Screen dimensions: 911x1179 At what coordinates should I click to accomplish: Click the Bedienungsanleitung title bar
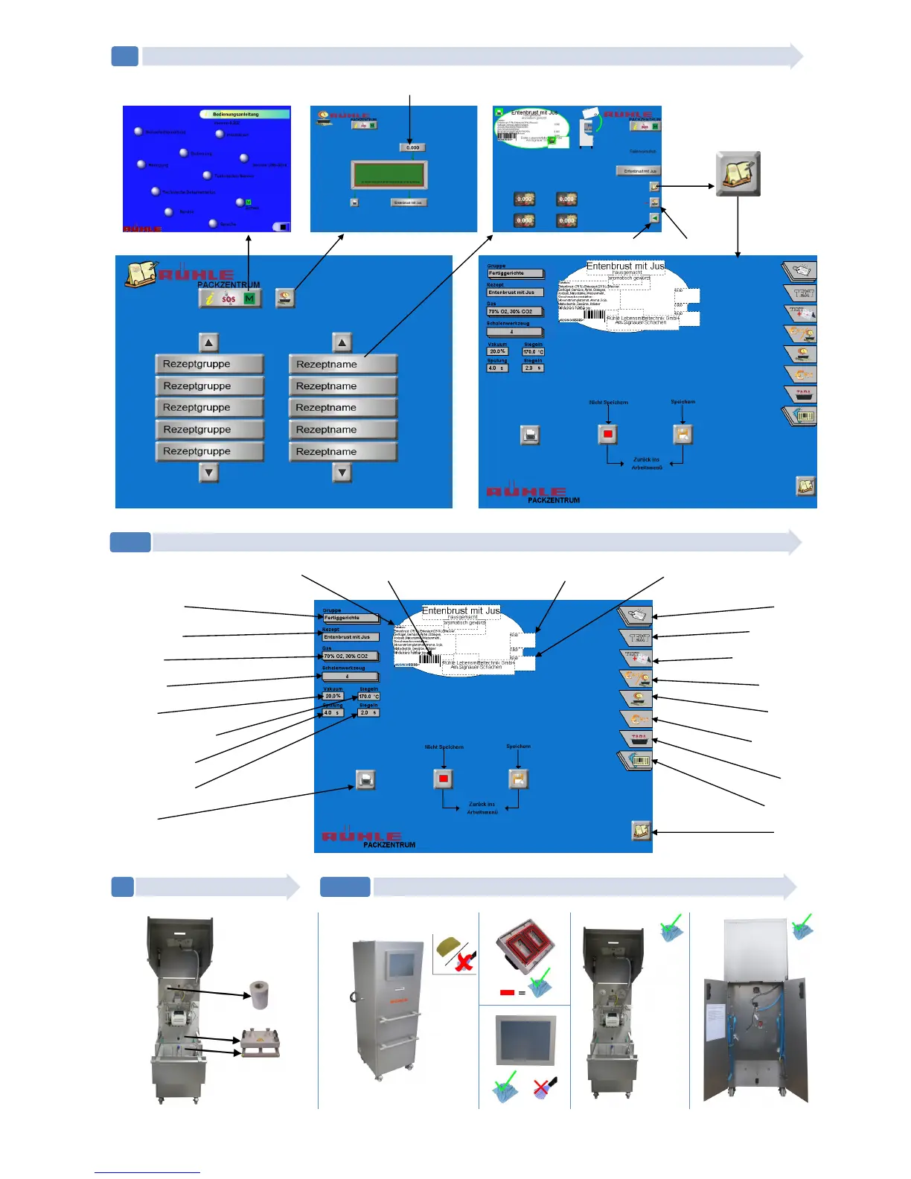[245, 114]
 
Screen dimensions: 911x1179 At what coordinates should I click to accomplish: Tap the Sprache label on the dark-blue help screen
[228, 224]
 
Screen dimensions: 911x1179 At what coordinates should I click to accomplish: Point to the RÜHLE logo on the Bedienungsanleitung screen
[142, 229]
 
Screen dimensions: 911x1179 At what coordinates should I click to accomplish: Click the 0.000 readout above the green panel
[412, 147]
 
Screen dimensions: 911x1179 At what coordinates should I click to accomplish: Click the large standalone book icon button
[738, 174]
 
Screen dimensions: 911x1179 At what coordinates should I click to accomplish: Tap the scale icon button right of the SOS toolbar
[285, 298]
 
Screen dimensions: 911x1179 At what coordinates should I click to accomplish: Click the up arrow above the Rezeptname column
[342, 342]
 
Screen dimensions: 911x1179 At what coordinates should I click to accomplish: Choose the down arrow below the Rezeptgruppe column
[209, 473]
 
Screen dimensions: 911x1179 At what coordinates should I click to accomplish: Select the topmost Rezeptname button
[342, 364]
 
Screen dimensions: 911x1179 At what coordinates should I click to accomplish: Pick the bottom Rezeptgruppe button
[209, 451]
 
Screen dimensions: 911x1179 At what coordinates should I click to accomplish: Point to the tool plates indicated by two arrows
[260, 1044]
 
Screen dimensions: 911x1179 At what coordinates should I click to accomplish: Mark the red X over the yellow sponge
[464, 964]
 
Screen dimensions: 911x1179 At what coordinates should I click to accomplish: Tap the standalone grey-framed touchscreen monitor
[525, 1040]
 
